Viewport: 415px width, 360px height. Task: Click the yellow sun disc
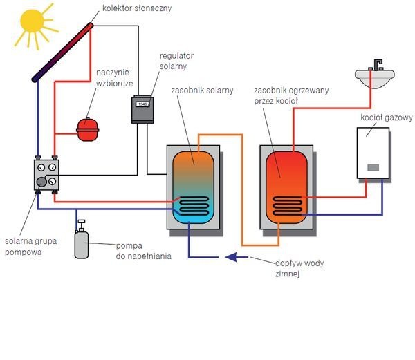[32, 21]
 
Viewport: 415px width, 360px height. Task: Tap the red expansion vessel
[88, 129]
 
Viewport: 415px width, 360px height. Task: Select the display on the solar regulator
[142, 104]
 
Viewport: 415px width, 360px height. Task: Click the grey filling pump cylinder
[82, 244]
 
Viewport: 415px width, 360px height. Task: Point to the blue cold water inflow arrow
[237, 257]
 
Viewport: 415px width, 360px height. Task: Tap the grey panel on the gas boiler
[373, 168]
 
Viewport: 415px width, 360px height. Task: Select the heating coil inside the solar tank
[193, 206]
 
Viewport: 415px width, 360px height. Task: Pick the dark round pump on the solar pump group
[41, 182]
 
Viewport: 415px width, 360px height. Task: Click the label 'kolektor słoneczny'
[137, 8]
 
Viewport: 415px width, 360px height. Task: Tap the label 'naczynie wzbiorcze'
[114, 77]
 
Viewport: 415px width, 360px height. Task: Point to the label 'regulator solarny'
[176, 61]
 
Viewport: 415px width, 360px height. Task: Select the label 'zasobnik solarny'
[202, 91]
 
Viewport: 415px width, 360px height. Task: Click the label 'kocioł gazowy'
[387, 117]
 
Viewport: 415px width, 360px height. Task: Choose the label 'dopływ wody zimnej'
[299, 268]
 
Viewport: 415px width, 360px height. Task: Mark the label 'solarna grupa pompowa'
[30, 247]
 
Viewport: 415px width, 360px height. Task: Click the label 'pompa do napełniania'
[143, 251]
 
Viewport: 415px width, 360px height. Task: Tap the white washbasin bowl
[374, 79]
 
